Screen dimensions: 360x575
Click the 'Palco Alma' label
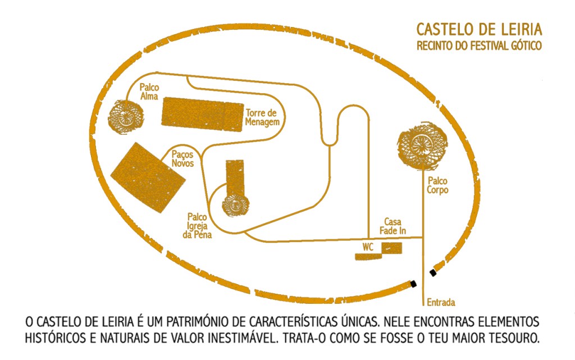point(149,92)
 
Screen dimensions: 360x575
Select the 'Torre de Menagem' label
point(262,117)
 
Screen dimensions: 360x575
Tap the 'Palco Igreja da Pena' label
point(198,226)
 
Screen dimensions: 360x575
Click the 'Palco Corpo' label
point(438,185)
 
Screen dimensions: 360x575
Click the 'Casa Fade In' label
point(395,226)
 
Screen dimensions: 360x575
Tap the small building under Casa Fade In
point(392,248)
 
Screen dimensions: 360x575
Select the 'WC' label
point(368,247)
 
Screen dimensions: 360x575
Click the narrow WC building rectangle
point(368,257)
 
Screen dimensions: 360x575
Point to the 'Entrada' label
point(441,302)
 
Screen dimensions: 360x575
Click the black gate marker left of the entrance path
point(413,284)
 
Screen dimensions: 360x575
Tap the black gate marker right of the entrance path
point(432,272)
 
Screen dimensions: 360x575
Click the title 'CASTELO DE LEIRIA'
point(479,29)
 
